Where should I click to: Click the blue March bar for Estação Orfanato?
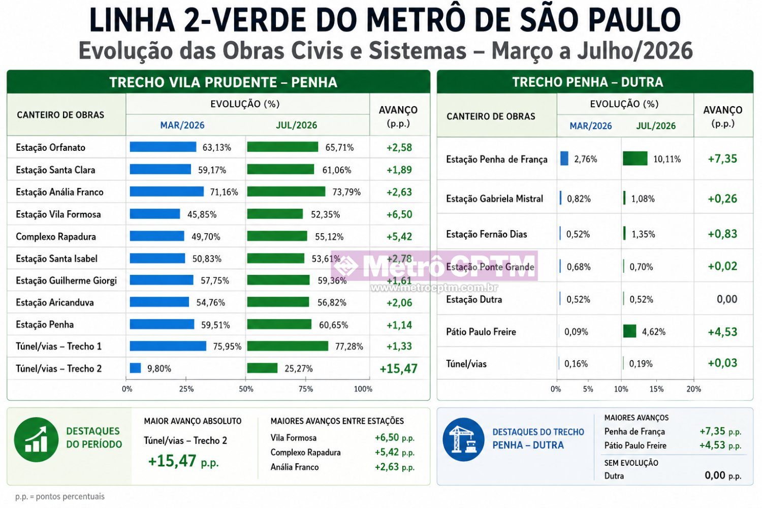(163, 147)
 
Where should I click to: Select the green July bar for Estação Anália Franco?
(286, 192)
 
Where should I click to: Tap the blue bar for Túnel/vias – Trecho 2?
(136, 368)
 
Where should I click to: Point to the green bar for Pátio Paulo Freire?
(629, 331)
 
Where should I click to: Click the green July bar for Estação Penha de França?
(635, 158)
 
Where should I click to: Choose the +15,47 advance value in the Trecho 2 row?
(398, 368)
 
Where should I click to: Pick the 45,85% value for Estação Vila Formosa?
(202, 214)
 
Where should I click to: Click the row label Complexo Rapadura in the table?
(56, 237)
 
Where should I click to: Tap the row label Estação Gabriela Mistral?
(494, 198)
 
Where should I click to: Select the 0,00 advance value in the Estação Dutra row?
(727, 299)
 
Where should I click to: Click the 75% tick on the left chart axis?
(305, 389)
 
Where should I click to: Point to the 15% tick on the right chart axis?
(656, 389)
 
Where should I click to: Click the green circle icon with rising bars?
(36, 439)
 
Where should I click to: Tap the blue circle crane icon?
(463, 439)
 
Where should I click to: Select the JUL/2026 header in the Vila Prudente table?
(296, 125)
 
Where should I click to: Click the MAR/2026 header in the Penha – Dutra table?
(590, 126)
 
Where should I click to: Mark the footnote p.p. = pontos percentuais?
(60, 496)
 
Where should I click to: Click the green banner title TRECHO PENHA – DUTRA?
(587, 82)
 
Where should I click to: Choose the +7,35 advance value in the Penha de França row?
(722, 158)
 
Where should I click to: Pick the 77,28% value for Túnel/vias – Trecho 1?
(349, 346)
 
